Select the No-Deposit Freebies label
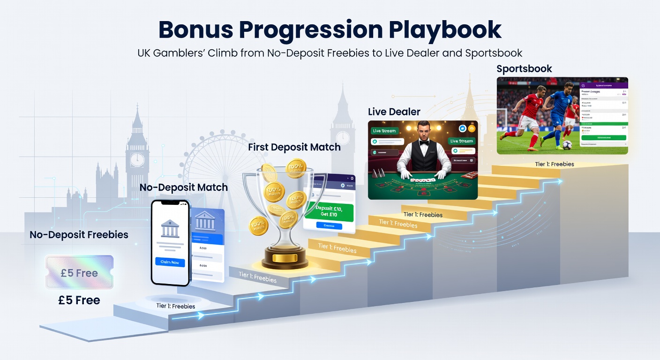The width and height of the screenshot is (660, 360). coord(79,234)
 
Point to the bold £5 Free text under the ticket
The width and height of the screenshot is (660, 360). coord(79,300)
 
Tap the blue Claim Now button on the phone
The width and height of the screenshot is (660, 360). coord(170,262)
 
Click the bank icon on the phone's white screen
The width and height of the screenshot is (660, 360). coord(170,228)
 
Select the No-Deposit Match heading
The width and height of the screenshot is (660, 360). coord(183,187)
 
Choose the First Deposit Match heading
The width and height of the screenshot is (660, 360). coord(294,147)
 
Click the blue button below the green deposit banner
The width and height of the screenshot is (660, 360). coord(329,225)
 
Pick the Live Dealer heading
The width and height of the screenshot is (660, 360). coord(394,112)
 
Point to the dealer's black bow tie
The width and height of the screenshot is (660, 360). coord(424,143)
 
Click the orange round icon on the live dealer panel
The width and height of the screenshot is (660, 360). coord(472,128)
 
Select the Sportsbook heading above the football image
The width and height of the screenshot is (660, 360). coord(524,69)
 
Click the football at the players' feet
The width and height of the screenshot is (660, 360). coord(567,145)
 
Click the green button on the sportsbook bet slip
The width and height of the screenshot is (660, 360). coord(603,138)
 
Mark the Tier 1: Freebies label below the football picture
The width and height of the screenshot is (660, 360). coord(555,164)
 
